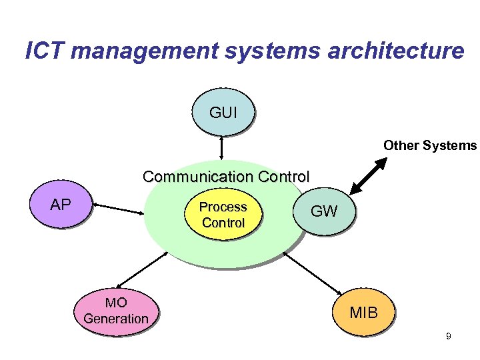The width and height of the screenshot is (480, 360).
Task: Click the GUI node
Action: pos(223,113)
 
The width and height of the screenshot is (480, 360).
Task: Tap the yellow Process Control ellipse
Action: pos(223,215)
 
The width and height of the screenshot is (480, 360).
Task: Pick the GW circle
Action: pos(325,211)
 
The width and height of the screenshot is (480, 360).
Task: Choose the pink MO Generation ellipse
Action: pos(116,312)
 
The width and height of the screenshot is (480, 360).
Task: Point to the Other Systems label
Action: pos(430,145)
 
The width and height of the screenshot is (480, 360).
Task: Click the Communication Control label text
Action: pos(226,177)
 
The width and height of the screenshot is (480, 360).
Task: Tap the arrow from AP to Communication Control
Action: pos(119,208)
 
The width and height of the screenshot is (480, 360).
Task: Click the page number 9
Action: pos(449,337)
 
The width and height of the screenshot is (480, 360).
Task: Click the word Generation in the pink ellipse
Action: pos(116,319)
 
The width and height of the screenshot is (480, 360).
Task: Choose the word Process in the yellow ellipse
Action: pos(223,207)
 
